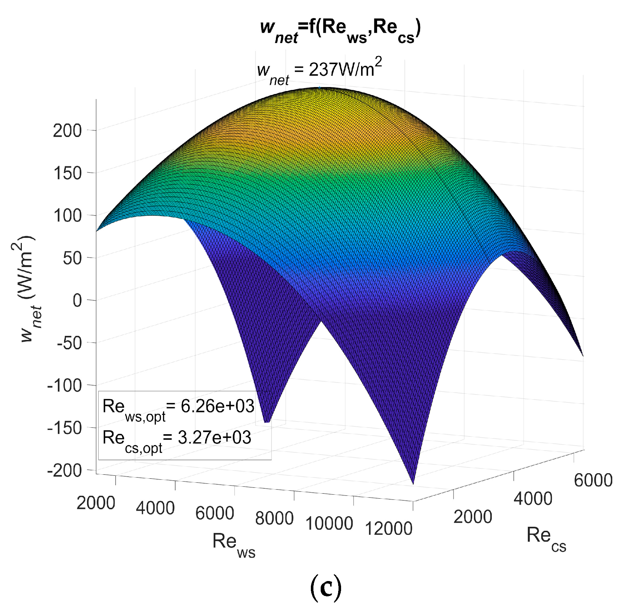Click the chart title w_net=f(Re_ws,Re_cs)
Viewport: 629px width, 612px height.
[340, 31]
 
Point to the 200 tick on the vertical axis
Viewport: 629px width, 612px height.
[67, 130]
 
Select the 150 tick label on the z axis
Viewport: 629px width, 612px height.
[67, 173]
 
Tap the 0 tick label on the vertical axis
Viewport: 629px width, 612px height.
[77, 301]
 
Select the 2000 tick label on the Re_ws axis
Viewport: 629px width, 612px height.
[96, 503]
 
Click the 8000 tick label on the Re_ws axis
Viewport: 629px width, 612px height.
[274, 518]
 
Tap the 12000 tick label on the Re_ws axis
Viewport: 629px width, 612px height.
[388, 529]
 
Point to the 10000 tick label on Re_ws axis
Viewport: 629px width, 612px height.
[329, 523]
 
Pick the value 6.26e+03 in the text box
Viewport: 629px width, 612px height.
[217, 406]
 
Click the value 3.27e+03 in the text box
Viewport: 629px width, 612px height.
[214, 438]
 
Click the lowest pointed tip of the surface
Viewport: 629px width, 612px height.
[413, 483]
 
